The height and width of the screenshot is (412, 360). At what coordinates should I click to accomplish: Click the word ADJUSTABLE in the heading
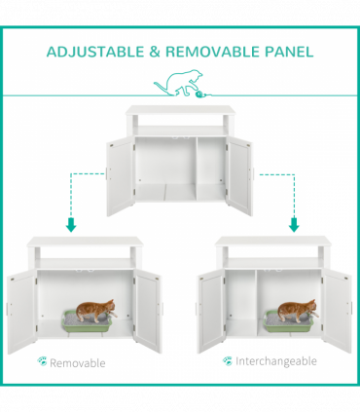tap(92, 51)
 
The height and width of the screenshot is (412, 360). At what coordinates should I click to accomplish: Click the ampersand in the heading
tap(155, 51)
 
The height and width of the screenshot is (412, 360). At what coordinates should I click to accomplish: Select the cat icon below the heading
tap(182, 86)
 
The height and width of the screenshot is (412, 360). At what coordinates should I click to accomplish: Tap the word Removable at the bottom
tap(77, 362)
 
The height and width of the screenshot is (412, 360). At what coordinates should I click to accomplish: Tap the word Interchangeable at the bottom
tap(276, 361)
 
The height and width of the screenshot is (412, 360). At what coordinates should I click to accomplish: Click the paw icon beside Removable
tap(42, 361)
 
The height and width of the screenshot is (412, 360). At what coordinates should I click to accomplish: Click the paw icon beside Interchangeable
tap(227, 360)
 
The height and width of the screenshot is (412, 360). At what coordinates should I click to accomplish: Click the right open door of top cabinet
tap(238, 175)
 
